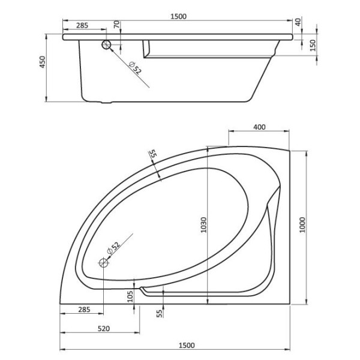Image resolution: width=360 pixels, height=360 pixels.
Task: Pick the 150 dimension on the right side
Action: click(x=313, y=46)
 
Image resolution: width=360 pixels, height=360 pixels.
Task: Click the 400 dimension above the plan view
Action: click(x=259, y=127)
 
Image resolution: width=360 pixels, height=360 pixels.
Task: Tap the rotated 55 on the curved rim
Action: click(x=152, y=155)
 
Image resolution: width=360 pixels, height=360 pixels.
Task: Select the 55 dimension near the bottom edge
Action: click(x=158, y=312)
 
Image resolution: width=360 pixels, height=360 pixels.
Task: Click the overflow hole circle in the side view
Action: click(x=107, y=46)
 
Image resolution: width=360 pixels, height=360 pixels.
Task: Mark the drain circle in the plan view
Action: click(x=103, y=262)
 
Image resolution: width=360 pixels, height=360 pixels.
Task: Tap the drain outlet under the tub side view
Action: click(x=108, y=103)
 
